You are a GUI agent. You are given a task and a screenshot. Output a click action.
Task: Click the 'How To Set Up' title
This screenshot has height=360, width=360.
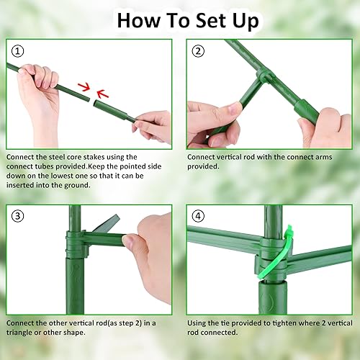coord(187,19)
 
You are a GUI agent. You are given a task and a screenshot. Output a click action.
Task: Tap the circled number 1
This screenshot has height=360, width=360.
coord(17,51)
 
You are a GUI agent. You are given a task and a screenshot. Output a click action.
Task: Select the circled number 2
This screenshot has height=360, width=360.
coord(197,51)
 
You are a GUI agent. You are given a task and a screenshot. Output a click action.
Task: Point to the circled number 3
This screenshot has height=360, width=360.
coord(17,216)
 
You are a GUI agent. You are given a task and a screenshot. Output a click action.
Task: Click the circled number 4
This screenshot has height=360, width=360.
coord(197,216)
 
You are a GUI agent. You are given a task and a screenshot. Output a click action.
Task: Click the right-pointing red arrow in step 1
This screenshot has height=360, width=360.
coord(84,88)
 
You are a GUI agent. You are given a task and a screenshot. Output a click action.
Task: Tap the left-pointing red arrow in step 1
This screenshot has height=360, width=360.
coord(102,93)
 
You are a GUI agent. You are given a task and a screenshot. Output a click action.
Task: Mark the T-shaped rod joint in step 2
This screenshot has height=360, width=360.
coord(264,76)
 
